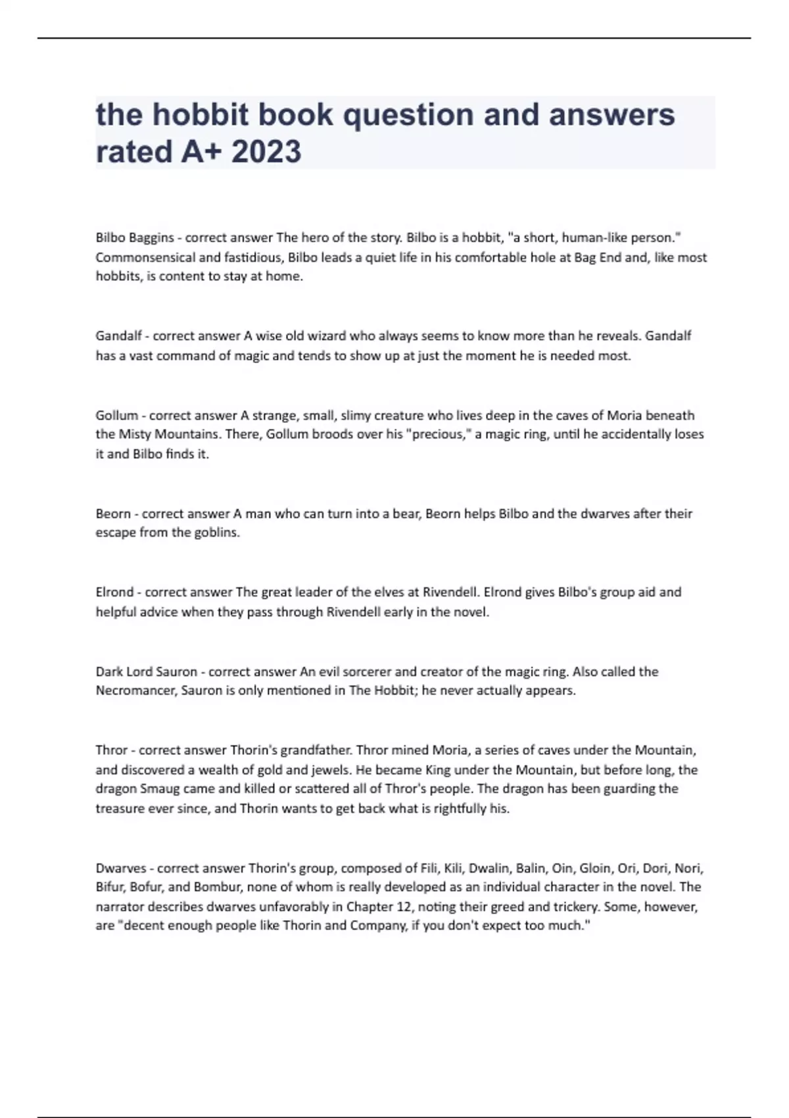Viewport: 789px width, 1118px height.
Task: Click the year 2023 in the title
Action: click(266, 151)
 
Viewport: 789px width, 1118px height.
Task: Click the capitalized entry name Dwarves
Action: click(121, 868)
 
